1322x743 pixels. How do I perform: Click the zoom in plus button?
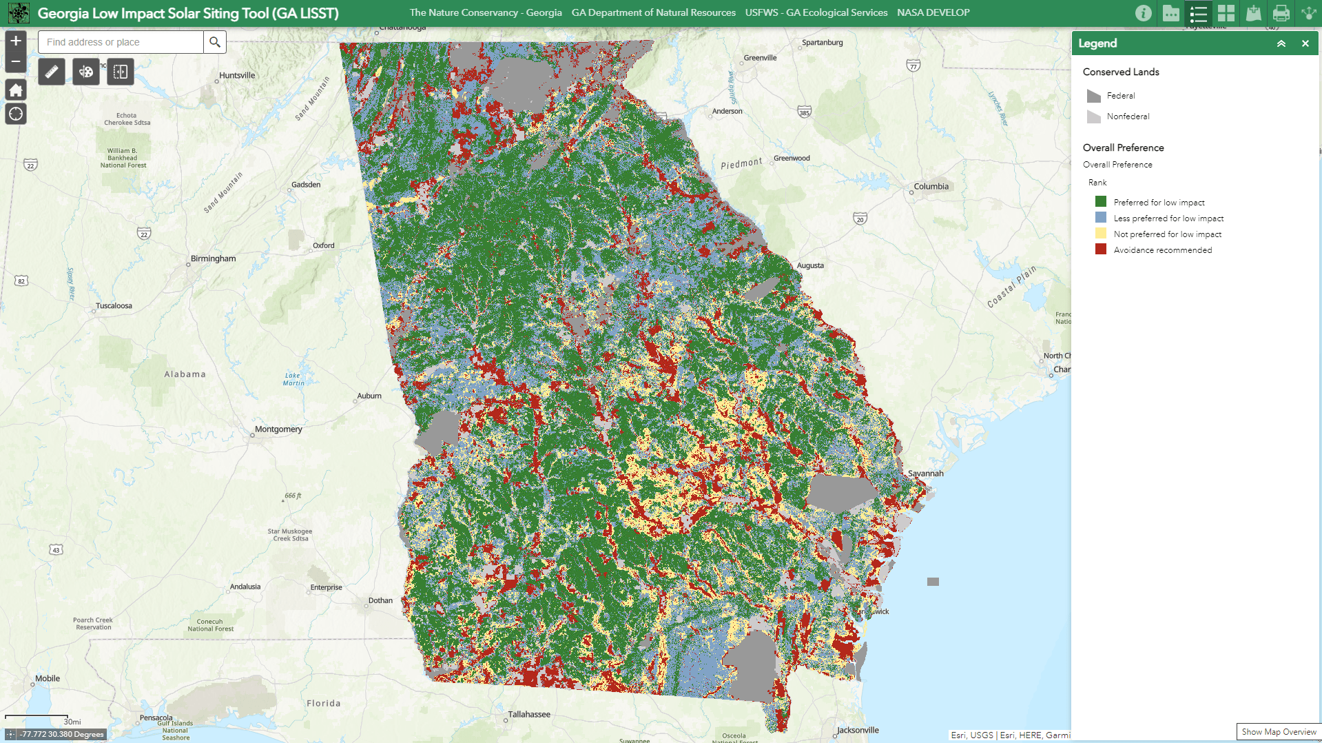[x=16, y=41]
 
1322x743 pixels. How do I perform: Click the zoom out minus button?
[x=16, y=61]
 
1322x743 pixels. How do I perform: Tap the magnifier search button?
[x=215, y=42]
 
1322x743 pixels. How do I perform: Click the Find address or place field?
[x=121, y=42]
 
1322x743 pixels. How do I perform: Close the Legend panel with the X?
[x=1305, y=43]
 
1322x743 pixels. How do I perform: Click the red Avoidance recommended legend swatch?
[x=1101, y=250]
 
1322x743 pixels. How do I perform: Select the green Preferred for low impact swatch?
[x=1101, y=202]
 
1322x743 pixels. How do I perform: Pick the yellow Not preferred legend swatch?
[x=1101, y=234]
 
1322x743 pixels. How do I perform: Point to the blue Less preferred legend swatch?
[x=1101, y=218]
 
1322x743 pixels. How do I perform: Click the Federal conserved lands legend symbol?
[x=1093, y=96]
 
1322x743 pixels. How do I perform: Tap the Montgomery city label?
[x=278, y=429]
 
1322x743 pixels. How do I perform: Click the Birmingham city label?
[x=213, y=259]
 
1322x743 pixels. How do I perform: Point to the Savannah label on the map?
[x=925, y=474]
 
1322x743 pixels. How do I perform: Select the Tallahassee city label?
[x=529, y=715]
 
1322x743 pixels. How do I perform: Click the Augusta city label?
[x=810, y=265]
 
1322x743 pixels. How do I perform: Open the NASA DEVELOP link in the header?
[x=933, y=12]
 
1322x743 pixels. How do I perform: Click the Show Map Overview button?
[x=1279, y=732]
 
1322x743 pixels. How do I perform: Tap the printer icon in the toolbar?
[x=1281, y=13]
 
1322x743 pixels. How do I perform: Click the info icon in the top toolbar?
[x=1143, y=13]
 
